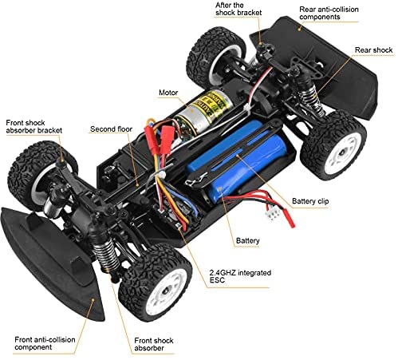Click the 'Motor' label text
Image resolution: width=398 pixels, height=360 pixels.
click(x=168, y=93)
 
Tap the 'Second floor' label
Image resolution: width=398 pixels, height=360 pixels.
click(x=111, y=129)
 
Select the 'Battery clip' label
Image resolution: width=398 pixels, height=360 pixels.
click(x=310, y=201)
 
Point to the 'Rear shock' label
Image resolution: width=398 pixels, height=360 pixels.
click(x=373, y=50)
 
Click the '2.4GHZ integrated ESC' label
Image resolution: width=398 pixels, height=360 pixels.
click(x=240, y=276)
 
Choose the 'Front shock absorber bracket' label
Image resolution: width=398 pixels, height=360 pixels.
click(x=34, y=127)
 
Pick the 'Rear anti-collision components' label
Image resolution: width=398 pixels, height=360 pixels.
click(x=329, y=13)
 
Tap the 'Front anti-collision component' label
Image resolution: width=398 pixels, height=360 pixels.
click(x=45, y=343)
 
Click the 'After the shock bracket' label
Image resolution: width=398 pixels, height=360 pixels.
click(x=238, y=9)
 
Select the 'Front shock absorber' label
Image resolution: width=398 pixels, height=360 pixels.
click(x=154, y=344)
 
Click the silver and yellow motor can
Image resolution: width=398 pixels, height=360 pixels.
click(x=202, y=112)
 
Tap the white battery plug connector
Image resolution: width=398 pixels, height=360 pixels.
click(x=274, y=214)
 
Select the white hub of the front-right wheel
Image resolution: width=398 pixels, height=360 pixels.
click(x=166, y=289)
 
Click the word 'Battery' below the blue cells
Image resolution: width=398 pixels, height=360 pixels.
click(x=247, y=241)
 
